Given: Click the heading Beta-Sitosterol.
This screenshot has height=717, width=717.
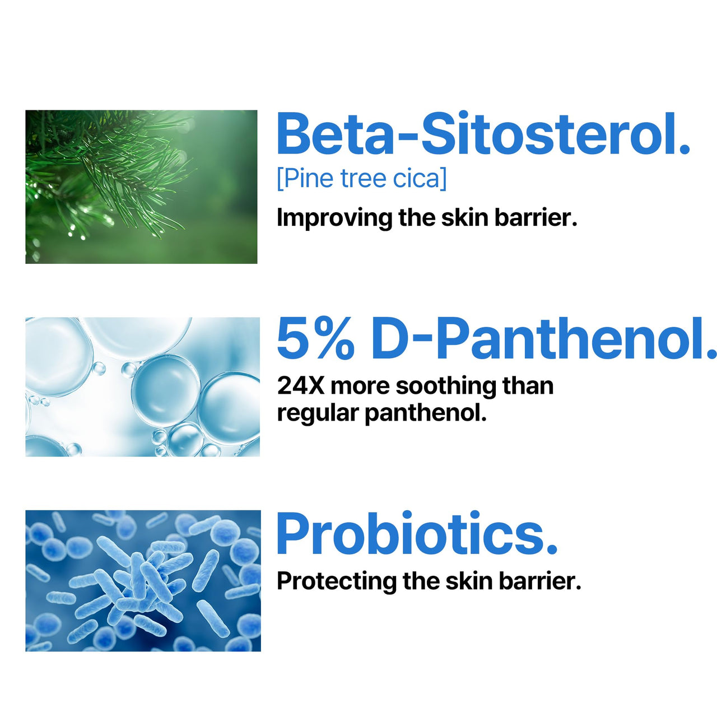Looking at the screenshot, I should tap(483, 134).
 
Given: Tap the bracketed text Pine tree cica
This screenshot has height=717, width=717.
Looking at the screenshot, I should tap(362, 179).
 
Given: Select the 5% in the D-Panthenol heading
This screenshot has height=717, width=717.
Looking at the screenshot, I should tap(316, 339).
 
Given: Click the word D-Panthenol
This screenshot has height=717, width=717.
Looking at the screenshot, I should tap(543, 339).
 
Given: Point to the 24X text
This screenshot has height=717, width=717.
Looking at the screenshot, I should tap(300, 386).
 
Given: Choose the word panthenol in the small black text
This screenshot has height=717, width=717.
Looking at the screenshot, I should tap(425, 413).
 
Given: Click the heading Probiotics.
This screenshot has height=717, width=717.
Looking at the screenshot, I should tap(417, 533).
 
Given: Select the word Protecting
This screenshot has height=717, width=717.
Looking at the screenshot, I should tap(337, 581).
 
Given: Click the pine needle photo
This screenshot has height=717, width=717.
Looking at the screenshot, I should tap(141, 187).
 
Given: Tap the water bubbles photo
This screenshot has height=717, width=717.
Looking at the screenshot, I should tap(142, 387).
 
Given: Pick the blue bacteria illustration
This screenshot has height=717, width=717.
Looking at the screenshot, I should tap(143, 580).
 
